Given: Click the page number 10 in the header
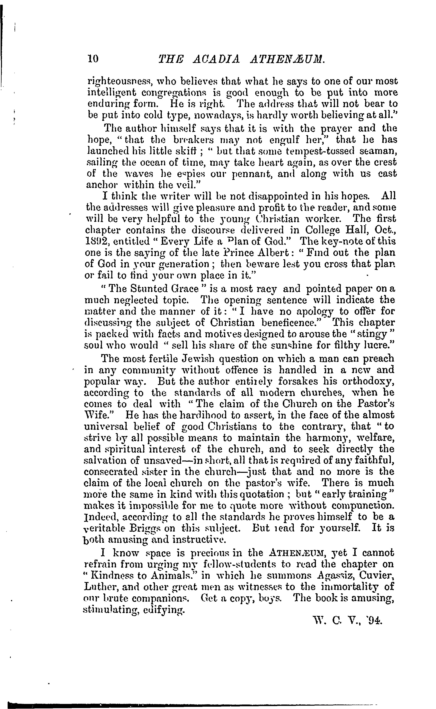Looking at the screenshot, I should (93, 59).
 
